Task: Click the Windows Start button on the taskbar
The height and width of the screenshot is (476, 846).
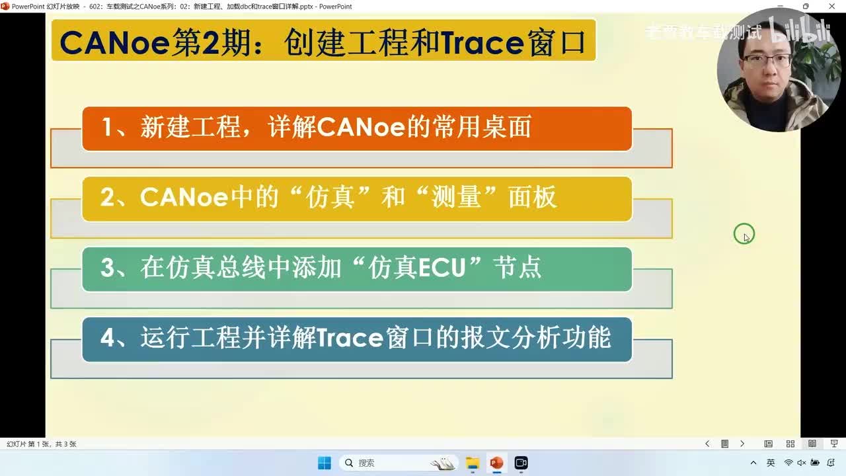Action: coord(324,463)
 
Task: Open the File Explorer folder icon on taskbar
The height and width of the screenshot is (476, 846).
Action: coord(472,463)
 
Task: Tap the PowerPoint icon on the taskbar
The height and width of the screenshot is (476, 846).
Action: coord(496,463)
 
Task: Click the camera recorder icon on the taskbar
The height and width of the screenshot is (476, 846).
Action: coord(521,463)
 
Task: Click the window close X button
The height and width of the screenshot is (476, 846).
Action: coord(831,7)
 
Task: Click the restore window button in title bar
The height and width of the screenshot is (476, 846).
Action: coord(806,7)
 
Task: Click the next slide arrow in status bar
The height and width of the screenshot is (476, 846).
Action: coord(742,444)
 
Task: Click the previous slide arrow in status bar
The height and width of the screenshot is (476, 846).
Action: coord(707,444)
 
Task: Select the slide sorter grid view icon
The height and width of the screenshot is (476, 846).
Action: coord(790,444)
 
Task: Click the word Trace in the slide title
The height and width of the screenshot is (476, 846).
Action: coord(482,43)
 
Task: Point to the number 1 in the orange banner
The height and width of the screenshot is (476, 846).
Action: coord(107,127)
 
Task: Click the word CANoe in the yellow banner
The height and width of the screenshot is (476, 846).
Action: coord(174,198)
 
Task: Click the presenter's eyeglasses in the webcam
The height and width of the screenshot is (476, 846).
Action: coord(767,61)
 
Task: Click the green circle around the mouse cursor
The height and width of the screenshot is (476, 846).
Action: coord(744,234)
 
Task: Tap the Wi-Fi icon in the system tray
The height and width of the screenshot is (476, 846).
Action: coord(788,463)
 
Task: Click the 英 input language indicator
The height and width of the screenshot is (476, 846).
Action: coord(771,463)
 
